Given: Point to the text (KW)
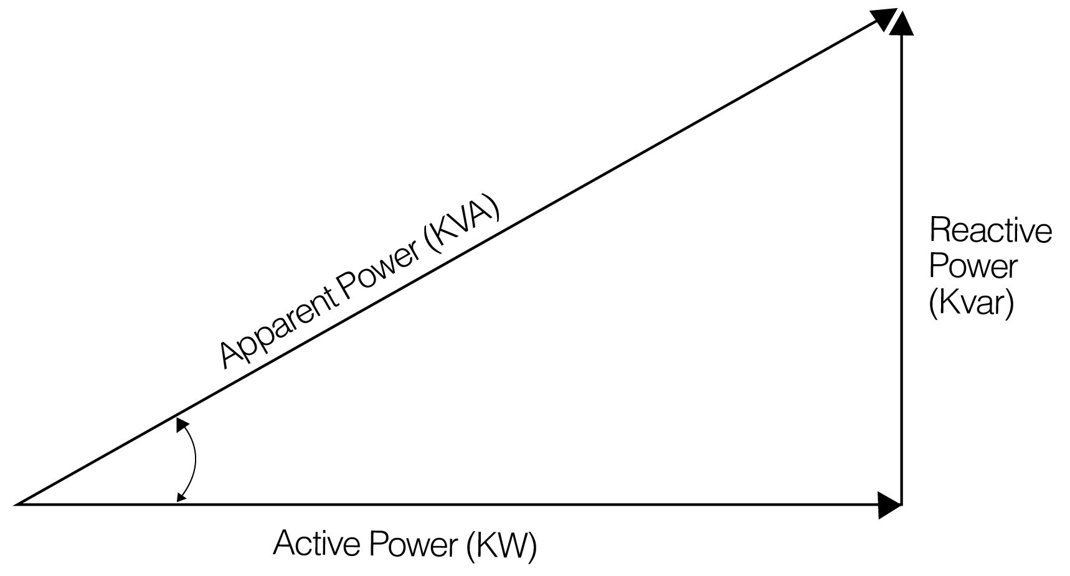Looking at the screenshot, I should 501,545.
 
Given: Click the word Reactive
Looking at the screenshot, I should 990,231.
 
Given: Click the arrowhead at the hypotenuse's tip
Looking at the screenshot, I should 883,19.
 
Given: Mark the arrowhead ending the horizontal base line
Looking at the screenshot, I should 889,504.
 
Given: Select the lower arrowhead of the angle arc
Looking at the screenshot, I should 181,496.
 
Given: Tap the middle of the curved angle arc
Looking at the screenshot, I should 196,461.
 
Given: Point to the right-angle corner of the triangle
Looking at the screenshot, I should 901,503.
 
